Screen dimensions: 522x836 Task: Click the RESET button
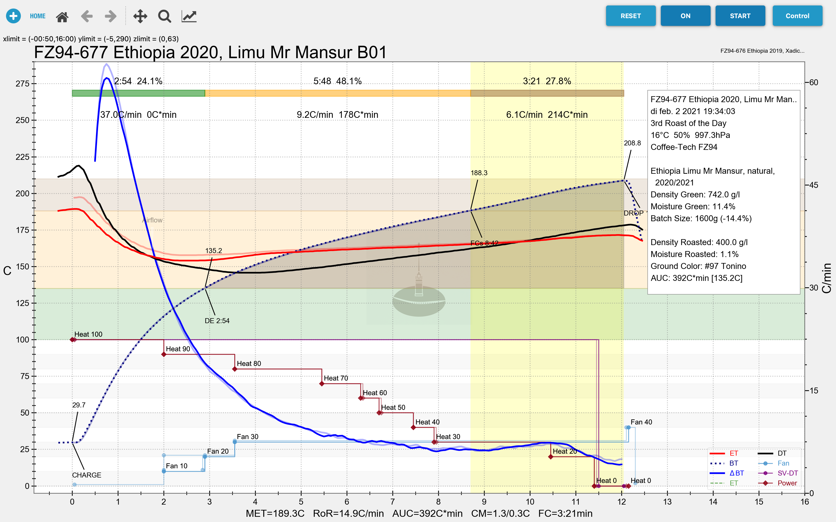[x=630, y=16]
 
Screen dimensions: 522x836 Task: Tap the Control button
[x=797, y=16]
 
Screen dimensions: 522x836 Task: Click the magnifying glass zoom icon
[x=164, y=16]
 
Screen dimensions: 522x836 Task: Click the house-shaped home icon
[x=62, y=16]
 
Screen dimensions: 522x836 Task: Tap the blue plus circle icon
[x=13, y=16]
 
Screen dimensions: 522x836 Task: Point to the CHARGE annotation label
[x=86, y=475]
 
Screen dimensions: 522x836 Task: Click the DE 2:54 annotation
[x=217, y=321]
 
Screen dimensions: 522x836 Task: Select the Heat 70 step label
[x=336, y=378]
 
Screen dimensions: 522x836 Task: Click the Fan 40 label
[x=641, y=422]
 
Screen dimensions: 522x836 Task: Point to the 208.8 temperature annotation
[x=632, y=143]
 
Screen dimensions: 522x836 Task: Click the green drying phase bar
[x=138, y=93]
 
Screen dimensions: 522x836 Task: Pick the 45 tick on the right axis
[x=814, y=185]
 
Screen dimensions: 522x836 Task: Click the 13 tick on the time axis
[x=667, y=502]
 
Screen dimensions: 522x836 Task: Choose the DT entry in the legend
[x=782, y=453]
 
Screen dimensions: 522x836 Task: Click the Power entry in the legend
[x=787, y=483]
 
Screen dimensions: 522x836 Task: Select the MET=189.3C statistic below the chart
[x=275, y=513]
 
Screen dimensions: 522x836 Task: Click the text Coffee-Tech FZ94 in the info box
[x=684, y=147]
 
